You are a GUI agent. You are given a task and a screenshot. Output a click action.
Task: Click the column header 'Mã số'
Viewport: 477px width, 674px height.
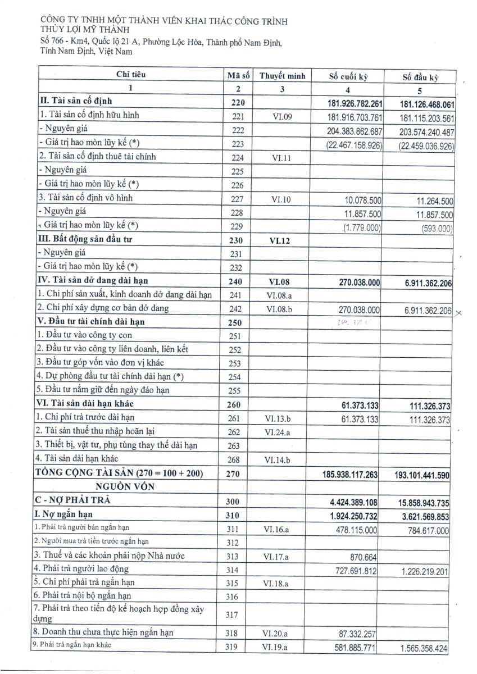(x=238, y=75)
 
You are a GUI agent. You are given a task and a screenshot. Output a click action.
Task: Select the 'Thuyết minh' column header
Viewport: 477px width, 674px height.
(x=282, y=75)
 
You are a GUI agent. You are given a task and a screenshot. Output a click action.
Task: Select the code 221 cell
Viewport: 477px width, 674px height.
(x=238, y=116)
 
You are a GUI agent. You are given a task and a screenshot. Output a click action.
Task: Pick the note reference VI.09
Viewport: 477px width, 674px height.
(x=282, y=116)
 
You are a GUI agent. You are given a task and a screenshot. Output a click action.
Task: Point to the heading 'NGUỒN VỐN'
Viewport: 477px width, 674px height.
(x=128, y=486)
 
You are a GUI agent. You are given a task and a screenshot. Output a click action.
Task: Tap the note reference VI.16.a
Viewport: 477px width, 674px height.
(x=282, y=529)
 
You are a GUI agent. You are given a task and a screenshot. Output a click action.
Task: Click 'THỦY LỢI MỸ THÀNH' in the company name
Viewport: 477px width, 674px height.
(x=85, y=30)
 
